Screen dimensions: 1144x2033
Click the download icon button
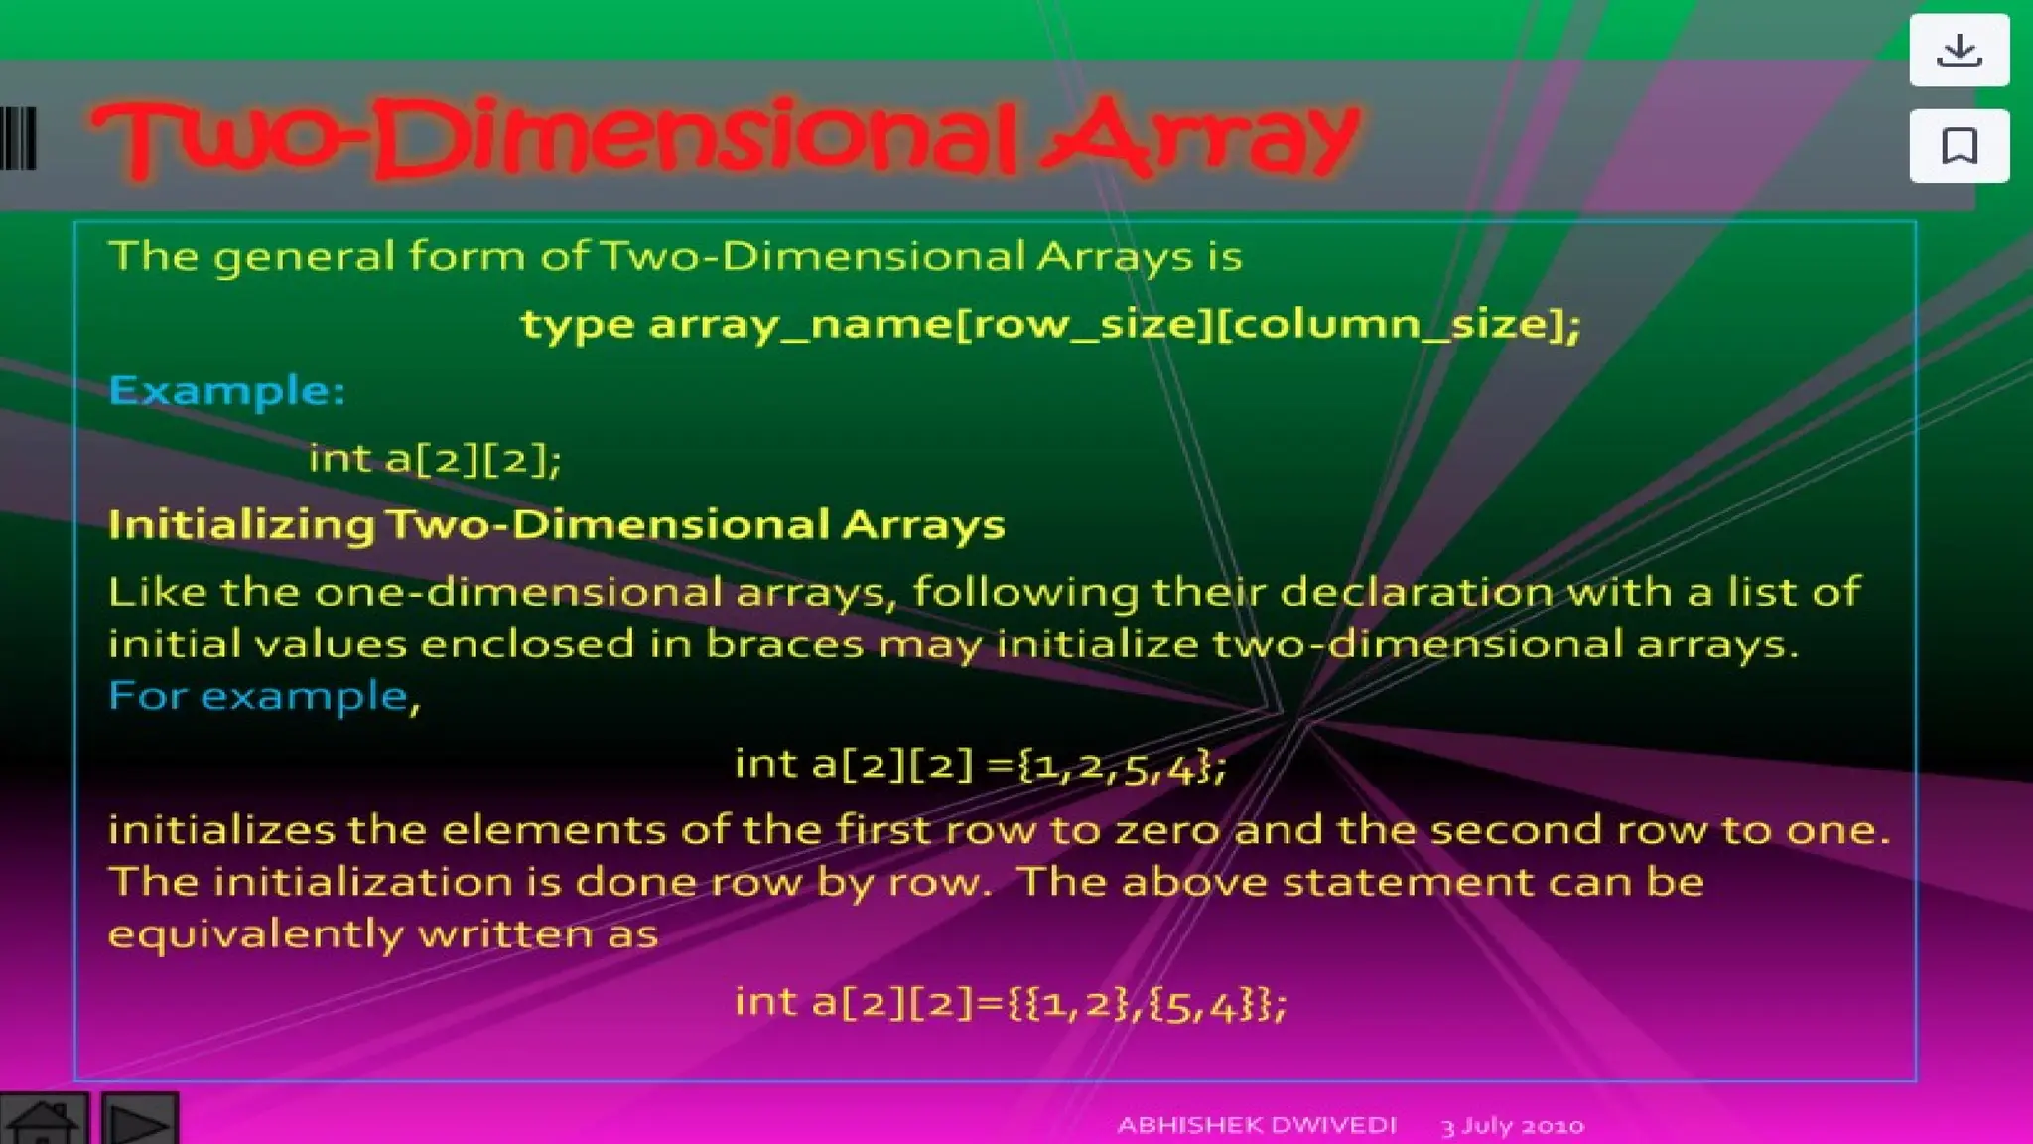click(x=1959, y=50)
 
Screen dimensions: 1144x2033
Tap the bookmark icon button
click(x=1959, y=146)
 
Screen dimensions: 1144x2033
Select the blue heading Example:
click(x=227, y=390)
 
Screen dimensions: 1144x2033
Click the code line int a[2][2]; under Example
click(x=435, y=459)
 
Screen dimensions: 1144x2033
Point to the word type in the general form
click(x=577, y=325)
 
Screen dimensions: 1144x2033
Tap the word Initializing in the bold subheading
click(x=241, y=525)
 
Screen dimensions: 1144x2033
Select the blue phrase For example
click(x=258, y=696)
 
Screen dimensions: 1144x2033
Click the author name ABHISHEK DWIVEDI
click(x=1256, y=1125)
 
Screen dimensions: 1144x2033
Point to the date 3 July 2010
click(x=1512, y=1126)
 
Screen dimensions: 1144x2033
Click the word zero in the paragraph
click(x=1167, y=830)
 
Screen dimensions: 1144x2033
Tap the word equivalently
click(x=255, y=934)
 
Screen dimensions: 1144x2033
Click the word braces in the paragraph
click(x=784, y=644)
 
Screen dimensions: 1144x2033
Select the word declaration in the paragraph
click(x=1417, y=593)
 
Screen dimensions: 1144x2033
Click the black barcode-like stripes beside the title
click(x=19, y=138)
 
